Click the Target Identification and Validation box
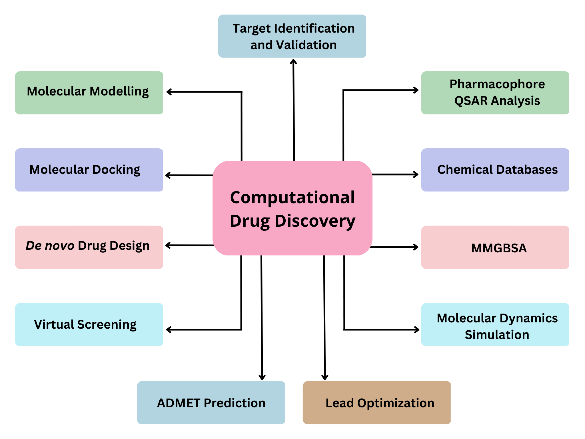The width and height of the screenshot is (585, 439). point(292,36)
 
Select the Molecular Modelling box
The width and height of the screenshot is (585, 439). point(89,93)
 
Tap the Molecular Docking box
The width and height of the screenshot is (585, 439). point(89,170)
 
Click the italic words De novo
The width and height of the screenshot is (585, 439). point(50,246)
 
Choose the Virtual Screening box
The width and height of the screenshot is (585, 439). point(89,324)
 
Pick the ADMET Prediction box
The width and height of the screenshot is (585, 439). point(211,402)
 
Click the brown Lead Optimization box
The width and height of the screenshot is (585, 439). point(376,402)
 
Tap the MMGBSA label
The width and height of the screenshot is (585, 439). point(499,248)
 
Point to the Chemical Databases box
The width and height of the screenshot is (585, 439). point(495,170)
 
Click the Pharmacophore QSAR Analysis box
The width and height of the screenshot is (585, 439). point(495,93)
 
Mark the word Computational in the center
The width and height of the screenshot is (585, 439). point(292,197)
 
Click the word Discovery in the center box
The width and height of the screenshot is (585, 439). point(315,221)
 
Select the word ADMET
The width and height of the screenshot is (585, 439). point(179,403)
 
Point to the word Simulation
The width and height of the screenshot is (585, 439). point(497,335)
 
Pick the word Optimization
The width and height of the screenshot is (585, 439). point(396,403)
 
